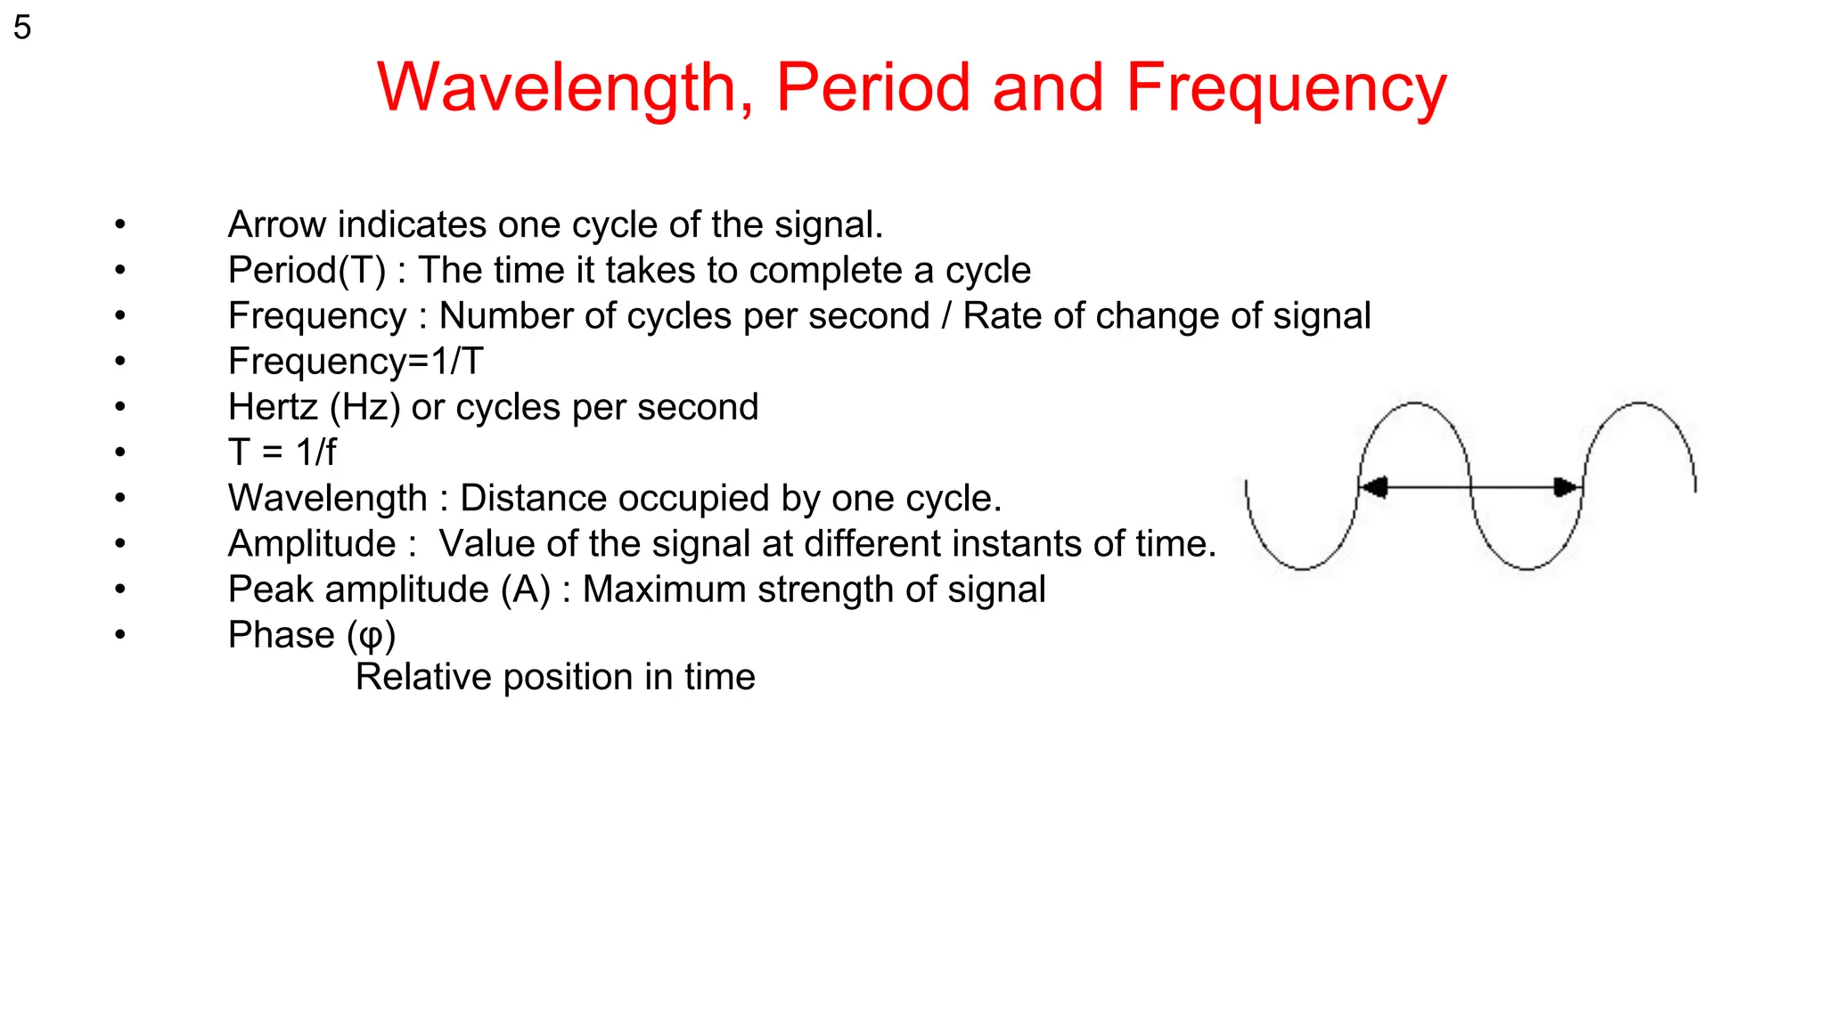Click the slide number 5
(22, 28)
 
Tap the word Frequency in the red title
(1285, 87)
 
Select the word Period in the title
(872, 87)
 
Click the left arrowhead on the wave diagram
(1374, 487)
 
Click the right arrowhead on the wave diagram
(1566, 487)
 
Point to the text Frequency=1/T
(356, 362)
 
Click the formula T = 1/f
(282, 452)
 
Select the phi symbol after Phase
(371, 636)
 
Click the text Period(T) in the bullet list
(307, 271)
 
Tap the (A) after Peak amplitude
(525, 590)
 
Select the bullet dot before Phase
(120, 635)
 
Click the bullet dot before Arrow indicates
(120, 224)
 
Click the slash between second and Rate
(946, 316)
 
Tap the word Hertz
(273, 407)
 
